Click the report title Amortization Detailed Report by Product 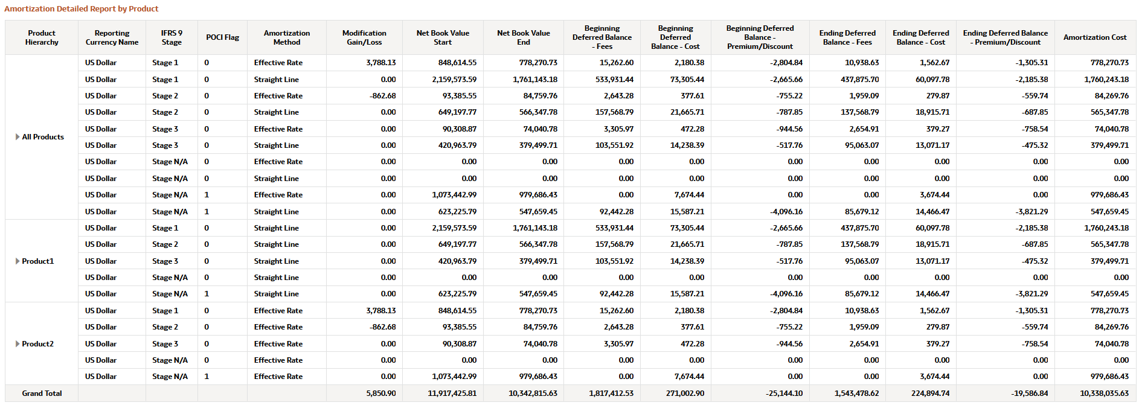point(81,9)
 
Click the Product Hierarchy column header point(42,37)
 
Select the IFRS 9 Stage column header point(172,37)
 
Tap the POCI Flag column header point(222,37)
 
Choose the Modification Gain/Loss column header point(364,37)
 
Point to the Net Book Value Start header point(443,37)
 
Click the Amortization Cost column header point(1095,37)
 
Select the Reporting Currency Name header point(112,37)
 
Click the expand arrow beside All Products point(18,137)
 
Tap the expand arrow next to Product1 point(18,261)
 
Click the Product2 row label point(37,344)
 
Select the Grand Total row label point(42,393)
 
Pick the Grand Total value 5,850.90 point(380,393)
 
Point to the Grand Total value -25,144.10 point(784,393)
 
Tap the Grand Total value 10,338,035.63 point(1104,393)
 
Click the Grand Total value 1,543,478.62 point(856,393)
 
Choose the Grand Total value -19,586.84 point(1030,393)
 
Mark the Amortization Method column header point(286,37)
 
